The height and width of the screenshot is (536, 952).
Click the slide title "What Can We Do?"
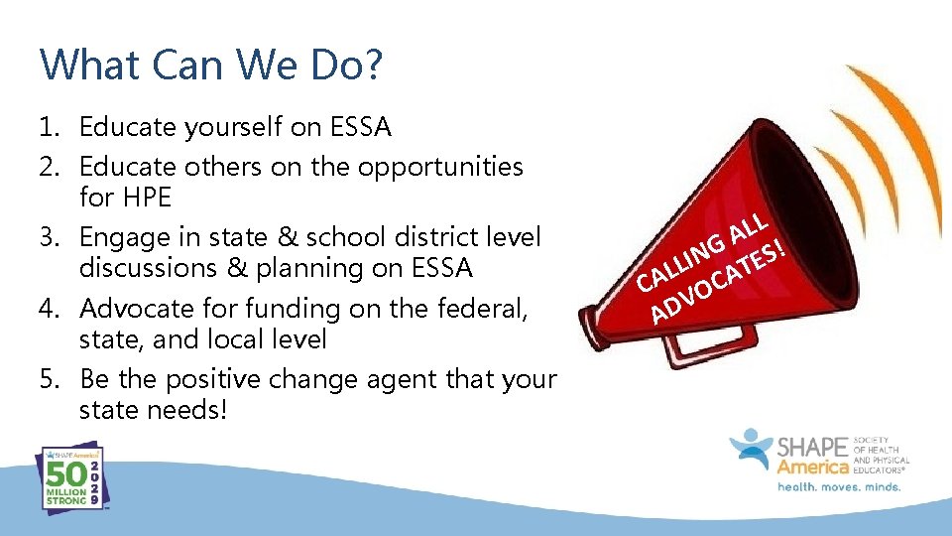click(x=211, y=66)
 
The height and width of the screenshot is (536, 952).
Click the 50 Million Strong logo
click(x=68, y=477)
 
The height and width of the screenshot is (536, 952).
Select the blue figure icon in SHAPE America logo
click(x=752, y=449)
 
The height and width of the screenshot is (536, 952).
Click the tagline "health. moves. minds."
click(x=838, y=487)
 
